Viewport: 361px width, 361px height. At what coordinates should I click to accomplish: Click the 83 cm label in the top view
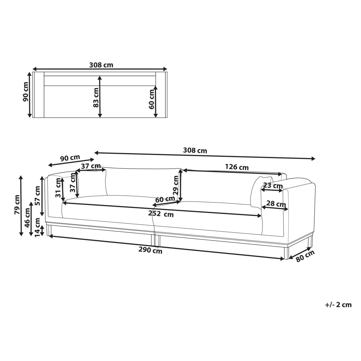[x=96, y=97]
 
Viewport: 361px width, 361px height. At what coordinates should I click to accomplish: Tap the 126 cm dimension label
[x=237, y=167]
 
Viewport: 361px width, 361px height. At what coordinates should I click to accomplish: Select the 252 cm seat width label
[x=161, y=214]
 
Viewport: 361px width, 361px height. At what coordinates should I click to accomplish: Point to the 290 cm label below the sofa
[x=150, y=250]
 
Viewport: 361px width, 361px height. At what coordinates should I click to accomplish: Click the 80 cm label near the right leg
[x=305, y=256]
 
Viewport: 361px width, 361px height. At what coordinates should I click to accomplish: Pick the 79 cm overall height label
[x=17, y=205]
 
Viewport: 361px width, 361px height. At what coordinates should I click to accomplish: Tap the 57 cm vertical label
[x=38, y=196]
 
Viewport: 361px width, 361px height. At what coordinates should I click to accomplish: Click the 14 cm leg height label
[x=38, y=227]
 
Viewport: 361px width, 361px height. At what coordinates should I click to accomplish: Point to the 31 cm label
[x=58, y=188]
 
